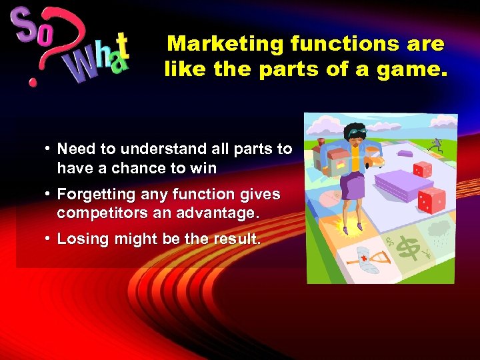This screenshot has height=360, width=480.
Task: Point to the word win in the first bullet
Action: click(203, 168)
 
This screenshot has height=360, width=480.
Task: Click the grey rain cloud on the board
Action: click(441, 230)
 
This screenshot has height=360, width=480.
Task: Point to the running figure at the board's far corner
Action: click(436, 143)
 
